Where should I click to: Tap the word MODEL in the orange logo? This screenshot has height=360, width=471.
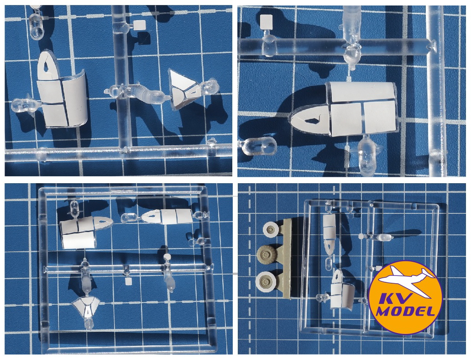click(405, 312)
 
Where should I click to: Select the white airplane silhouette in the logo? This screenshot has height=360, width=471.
click(405, 281)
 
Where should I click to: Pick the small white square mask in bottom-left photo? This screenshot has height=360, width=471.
click(128, 281)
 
